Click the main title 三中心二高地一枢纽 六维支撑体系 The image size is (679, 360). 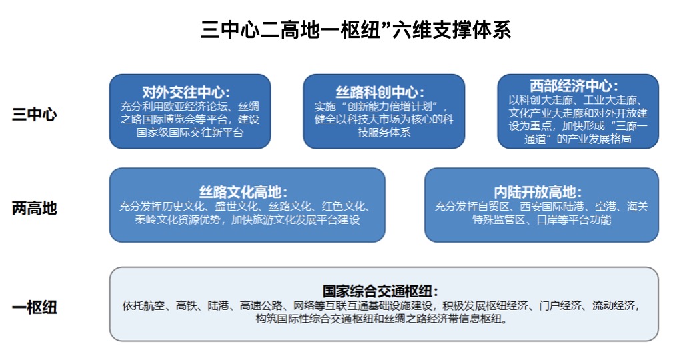pyautogui.click(x=356, y=29)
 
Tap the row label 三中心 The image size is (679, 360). pyautogui.click(x=35, y=115)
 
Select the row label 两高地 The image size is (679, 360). pyautogui.click(x=35, y=209)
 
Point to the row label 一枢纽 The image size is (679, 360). pyautogui.click(x=35, y=307)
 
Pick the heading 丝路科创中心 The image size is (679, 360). pyautogui.click(x=380, y=92)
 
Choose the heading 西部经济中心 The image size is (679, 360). pyautogui.click(x=574, y=86)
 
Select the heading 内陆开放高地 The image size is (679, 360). pyautogui.click(x=538, y=192)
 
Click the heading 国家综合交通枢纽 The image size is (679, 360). pyautogui.click(x=380, y=291)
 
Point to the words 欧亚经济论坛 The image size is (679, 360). pyautogui.click(x=195, y=107)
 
